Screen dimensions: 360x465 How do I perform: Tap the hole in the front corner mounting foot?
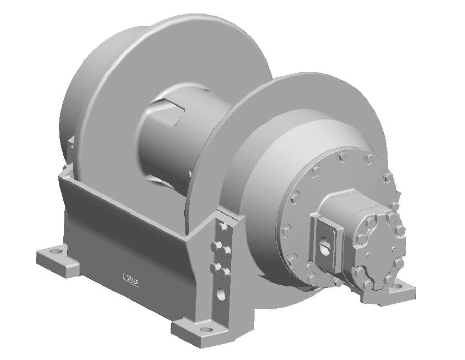pos(206,329)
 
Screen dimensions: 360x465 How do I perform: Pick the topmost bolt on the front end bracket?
pos(222,226)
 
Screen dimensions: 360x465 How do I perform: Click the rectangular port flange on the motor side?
pos(326,240)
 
